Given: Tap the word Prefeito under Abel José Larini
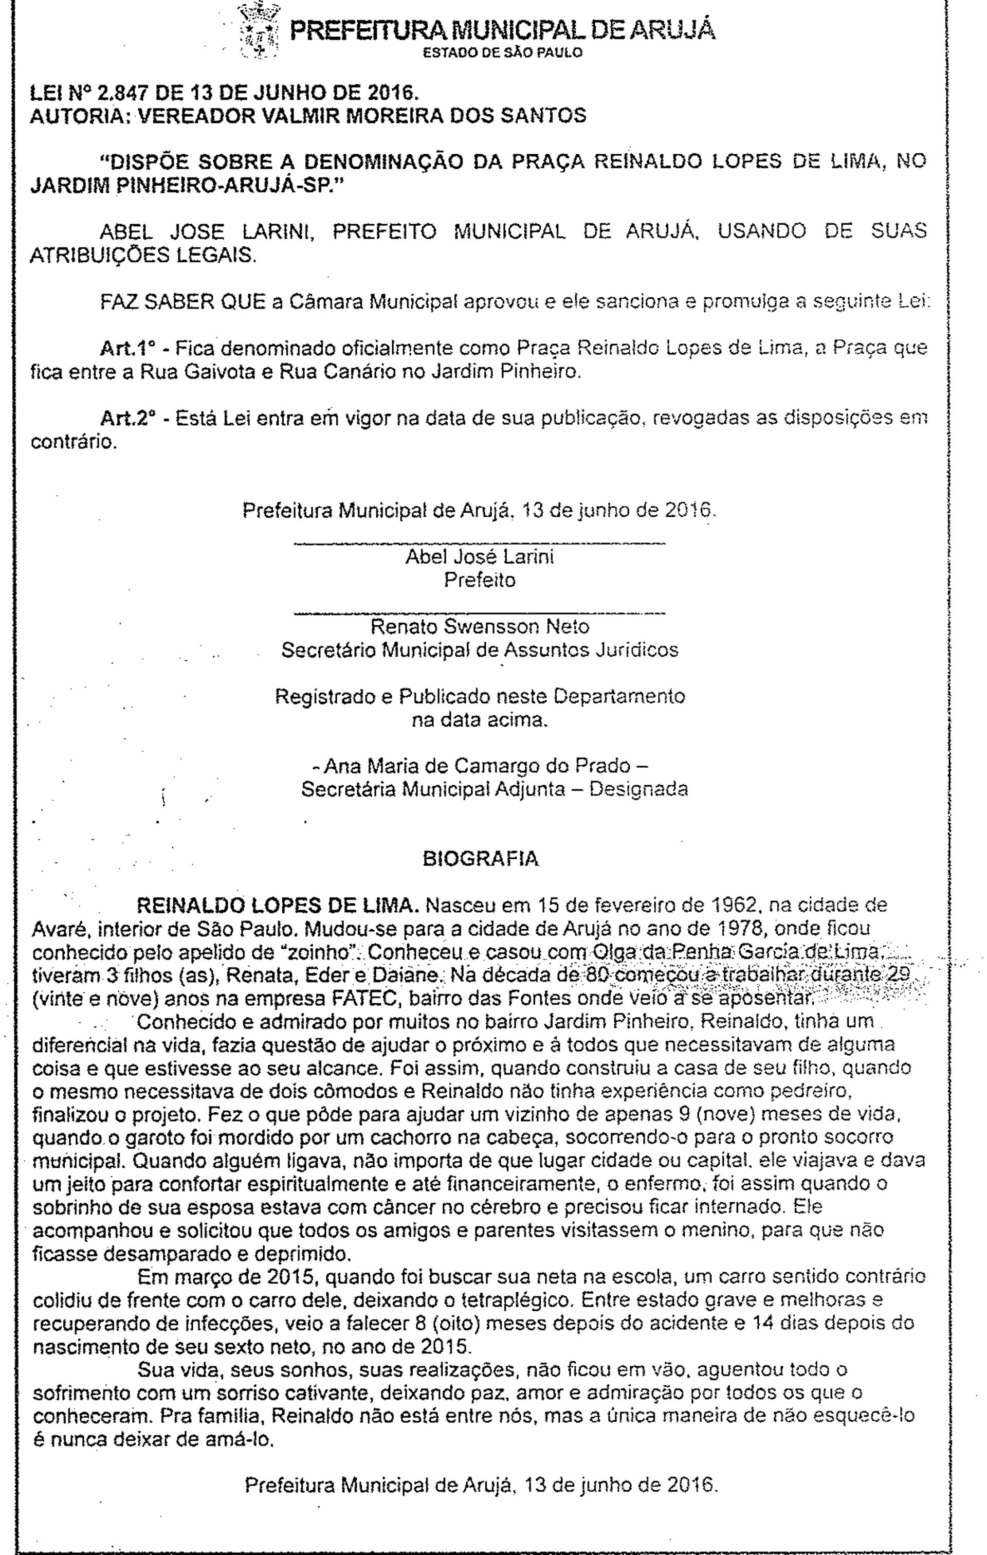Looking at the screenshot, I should click(480, 580).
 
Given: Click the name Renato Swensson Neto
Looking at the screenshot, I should click(479, 626).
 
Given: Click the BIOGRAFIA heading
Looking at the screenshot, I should click(479, 859).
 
